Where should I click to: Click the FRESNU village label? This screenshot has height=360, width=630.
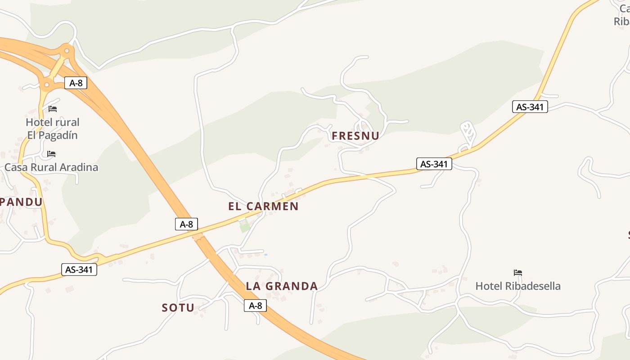(x=355, y=136)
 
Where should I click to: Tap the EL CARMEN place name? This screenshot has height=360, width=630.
(x=263, y=207)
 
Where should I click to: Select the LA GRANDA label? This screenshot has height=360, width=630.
(x=282, y=286)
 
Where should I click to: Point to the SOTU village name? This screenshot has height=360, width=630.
(x=178, y=308)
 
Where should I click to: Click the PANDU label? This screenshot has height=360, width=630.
(x=21, y=202)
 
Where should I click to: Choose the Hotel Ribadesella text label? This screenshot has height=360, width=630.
(x=518, y=286)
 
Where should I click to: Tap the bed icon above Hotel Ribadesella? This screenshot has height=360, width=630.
(x=518, y=273)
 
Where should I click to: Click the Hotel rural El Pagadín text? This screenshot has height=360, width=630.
(x=52, y=129)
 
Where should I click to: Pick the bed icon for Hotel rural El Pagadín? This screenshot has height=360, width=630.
(x=53, y=109)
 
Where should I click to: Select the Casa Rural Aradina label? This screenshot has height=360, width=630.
(x=51, y=167)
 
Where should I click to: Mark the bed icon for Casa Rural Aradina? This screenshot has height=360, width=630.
(x=51, y=154)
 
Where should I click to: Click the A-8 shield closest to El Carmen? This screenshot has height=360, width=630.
(x=186, y=224)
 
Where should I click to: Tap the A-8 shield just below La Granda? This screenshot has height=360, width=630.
(x=255, y=306)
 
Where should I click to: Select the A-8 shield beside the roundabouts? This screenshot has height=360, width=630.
(x=76, y=83)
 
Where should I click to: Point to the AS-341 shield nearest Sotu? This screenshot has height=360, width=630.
(x=79, y=270)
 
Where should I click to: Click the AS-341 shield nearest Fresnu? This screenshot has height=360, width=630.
(x=434, y=164)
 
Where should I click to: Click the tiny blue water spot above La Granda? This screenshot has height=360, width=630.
(x=265, y=255)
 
